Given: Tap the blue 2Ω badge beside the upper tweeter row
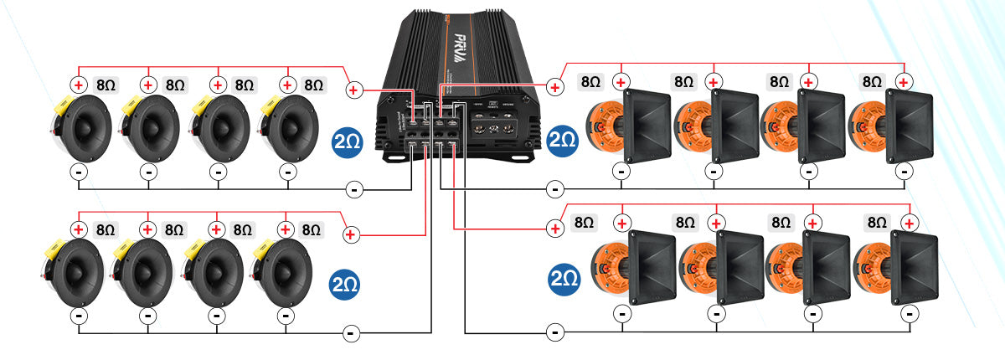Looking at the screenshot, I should tap(348, 140).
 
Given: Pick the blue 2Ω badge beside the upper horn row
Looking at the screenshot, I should tap(563, 140).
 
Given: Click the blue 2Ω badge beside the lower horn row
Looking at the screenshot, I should tap(566, 276).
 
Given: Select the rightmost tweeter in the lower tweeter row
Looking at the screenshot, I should tap(283, 270).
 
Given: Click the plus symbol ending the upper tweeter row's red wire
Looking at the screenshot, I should tap(353, 90).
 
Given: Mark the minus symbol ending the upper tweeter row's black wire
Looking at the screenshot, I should tap(354, 190).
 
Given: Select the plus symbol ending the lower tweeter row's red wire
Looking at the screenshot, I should tap(351, 234).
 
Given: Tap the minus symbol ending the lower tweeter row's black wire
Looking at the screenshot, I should tap(352, 334).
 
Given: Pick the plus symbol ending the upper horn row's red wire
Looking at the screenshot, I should tap(554, 85).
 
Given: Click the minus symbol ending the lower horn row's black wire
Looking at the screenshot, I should tap(554, 332).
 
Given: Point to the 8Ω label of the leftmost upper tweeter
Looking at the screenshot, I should tap(106, 85).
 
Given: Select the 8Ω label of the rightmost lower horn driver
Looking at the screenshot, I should tap(877, 223).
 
